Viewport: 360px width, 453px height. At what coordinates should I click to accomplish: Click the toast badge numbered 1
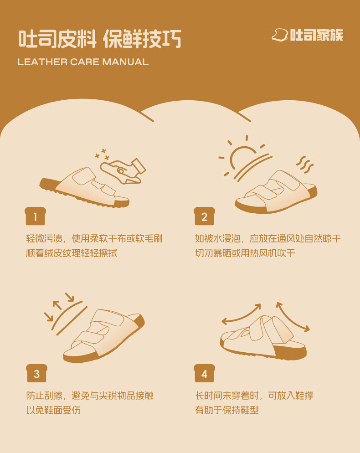pyautogui.click(x=35, y=216)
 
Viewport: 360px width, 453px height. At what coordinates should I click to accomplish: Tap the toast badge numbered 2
pyautogui.click(x=204, y=216)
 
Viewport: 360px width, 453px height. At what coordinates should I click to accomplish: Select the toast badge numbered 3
pyautogui.click(x=36, y=373)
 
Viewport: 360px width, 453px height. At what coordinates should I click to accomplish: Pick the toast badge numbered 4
pyautogui.click(x=204, y=373)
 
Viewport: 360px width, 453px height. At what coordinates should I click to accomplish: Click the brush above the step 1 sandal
pyautogui.click(x=123, y=171)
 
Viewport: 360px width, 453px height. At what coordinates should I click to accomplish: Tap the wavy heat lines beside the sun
pyautogui.click(x=305, y=165)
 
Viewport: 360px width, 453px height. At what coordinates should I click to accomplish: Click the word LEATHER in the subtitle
pyautogui.click(x=42, y=62)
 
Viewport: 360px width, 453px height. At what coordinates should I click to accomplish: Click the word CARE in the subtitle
pyautogui.click(x=85, y=62)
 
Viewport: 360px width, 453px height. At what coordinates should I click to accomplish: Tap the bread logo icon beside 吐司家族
pyautogui.click(x=280, y=35)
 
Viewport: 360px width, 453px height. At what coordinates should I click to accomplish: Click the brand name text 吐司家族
pyautogui.click(x=316, y=35)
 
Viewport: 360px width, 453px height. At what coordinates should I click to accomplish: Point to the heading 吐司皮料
pyautogui.click(x=57, y=39)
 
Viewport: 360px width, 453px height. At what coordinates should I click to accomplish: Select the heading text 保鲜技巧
pyautogui.click(x=143, y=39)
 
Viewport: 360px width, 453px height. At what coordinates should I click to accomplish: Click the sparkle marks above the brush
pyautogui.click(x=102, y=154)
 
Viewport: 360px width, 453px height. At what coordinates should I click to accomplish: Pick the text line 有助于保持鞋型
pyautogui.click(x=227, y=410)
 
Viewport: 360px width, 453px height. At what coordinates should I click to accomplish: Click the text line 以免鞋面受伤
pyautogui.click(x=53, y=410)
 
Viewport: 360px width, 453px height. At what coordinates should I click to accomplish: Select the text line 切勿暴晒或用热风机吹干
pyautogui.click(x=245, y=253)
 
